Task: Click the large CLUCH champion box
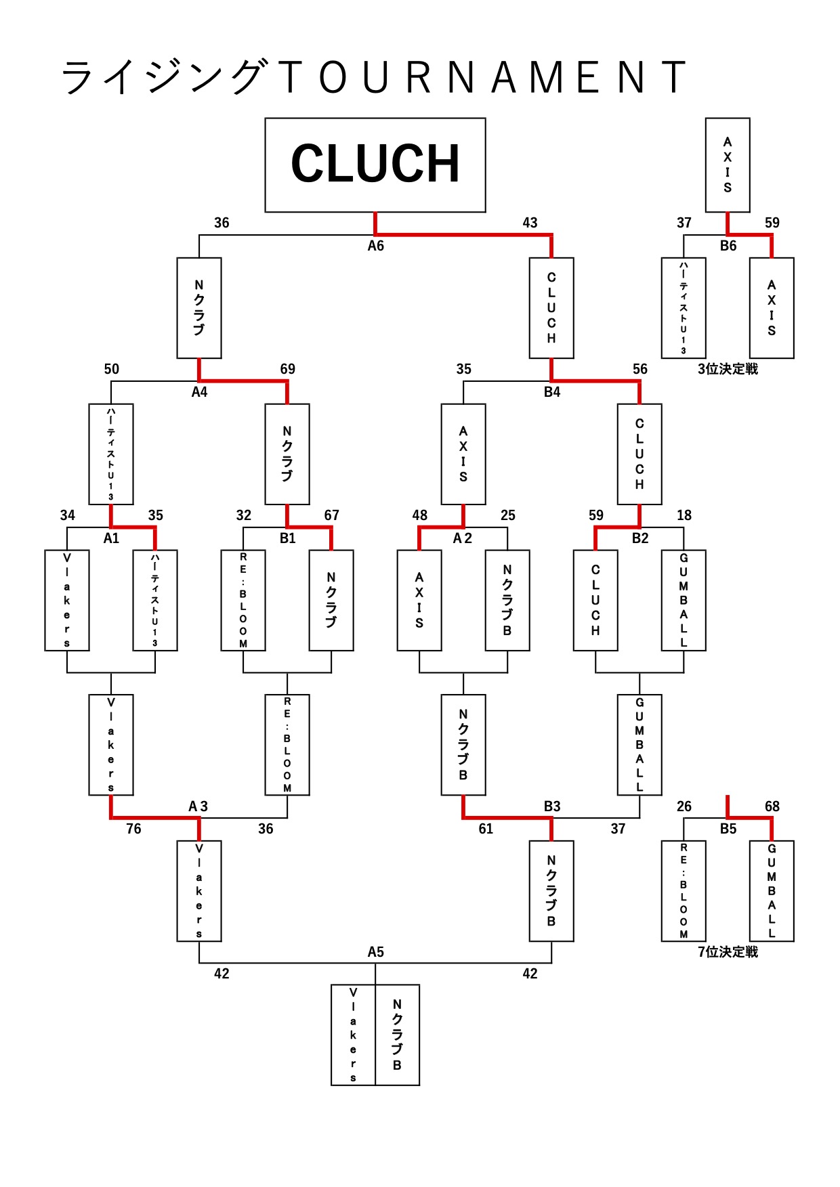375,165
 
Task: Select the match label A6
375,246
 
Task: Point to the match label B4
551,392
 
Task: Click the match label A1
111,538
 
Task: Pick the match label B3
551,806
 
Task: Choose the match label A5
375,952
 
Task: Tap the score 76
133,829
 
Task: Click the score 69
287,369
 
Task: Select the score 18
684,515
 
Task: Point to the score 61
486,829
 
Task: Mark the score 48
419,515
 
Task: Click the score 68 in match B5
772,806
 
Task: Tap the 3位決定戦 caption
728,369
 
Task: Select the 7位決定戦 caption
728,952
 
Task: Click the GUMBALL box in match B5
772,890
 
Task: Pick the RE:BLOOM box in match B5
684,890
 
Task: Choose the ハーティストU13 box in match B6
684,308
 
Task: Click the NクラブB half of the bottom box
397,1035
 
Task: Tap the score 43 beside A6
530,223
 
